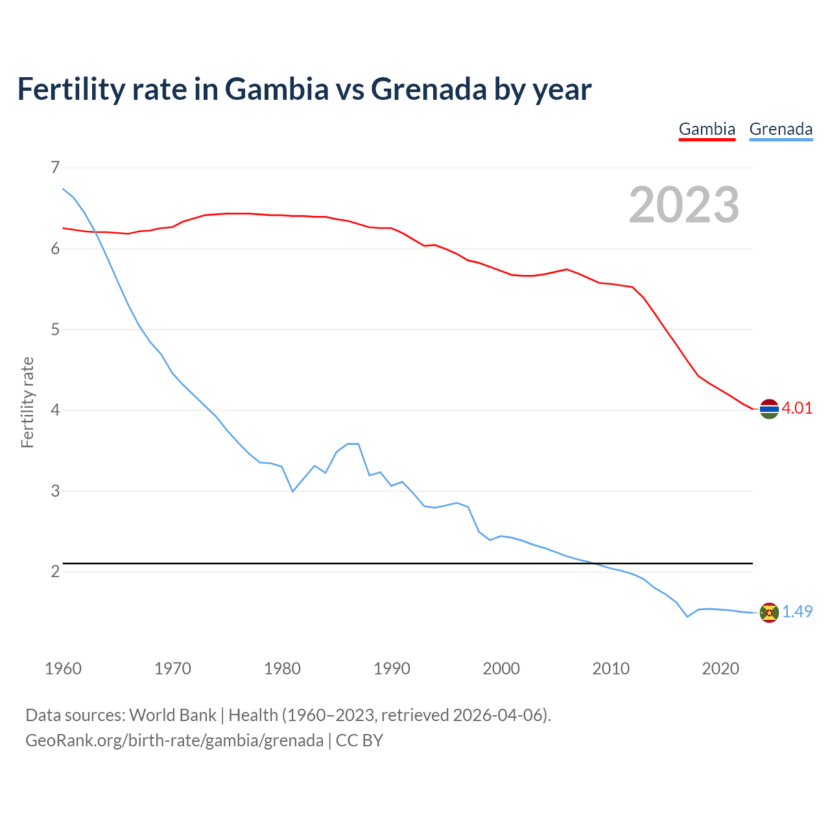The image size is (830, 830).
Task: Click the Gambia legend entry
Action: pos(707,129)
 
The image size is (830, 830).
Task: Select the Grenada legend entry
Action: pos(781,129)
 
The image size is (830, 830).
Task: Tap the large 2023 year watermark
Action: pos(684,205)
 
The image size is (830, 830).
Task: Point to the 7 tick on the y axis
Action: pos(55,168)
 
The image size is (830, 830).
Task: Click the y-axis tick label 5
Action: pos(55,329)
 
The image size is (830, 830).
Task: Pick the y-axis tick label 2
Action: pos(55,571)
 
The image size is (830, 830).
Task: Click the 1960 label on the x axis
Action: pos(63,669)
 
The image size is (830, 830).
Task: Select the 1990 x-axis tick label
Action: pos(392,669)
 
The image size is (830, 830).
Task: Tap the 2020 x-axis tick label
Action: pos(720,669)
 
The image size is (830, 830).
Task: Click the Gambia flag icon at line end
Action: pos(769,409)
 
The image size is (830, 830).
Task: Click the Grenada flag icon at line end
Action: pos(769,612)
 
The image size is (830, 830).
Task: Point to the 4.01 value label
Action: pos(797,408)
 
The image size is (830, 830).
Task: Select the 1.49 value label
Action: pos(797,611)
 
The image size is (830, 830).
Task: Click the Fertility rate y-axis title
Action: pos(27,402)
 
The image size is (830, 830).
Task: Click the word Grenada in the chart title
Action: pos(429,89)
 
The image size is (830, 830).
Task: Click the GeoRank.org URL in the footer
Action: pos(174,740)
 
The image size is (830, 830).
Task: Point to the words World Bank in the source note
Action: pos(172,715)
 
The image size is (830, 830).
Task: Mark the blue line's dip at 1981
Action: pos(292,492)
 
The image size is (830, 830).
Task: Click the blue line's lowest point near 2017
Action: pos(687,617)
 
